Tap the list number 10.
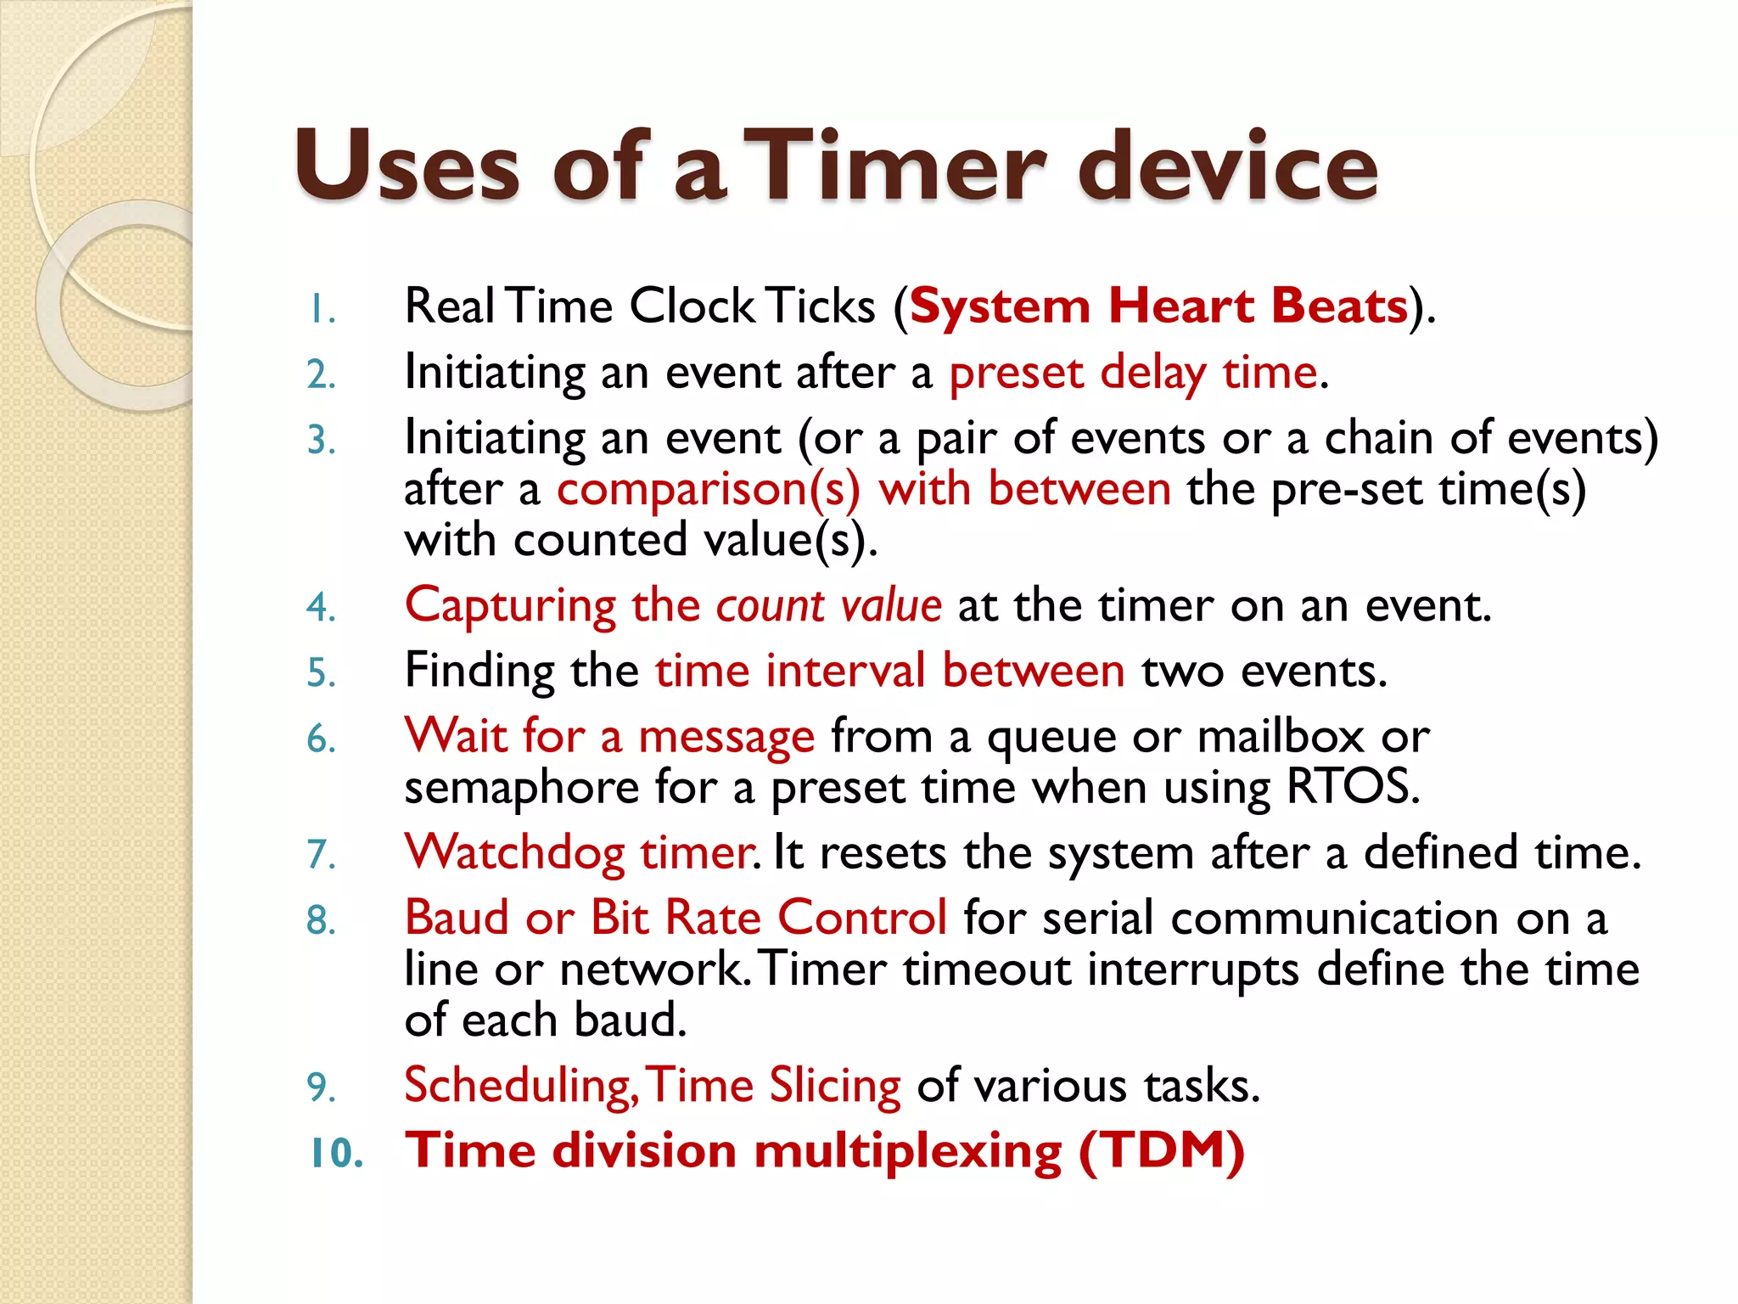click(336, 1154)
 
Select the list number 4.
click(322, 607)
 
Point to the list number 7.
click(322, 854)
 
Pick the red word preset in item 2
click(1016, 374)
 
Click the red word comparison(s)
click(709, 490)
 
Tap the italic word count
click(770, 606)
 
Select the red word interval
click(845, 671)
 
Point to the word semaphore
click(521, 788)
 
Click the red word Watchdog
click(515, 853)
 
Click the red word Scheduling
click(519, 1087)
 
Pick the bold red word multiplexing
click(907, 1152)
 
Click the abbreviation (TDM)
click(1161, 1152)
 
